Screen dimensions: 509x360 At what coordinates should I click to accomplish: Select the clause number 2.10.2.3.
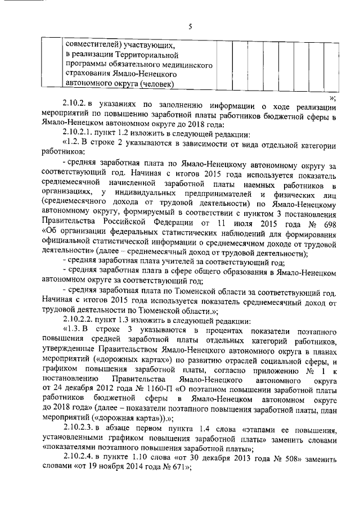(82, 427)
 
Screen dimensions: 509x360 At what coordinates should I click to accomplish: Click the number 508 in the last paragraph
(301, 460)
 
